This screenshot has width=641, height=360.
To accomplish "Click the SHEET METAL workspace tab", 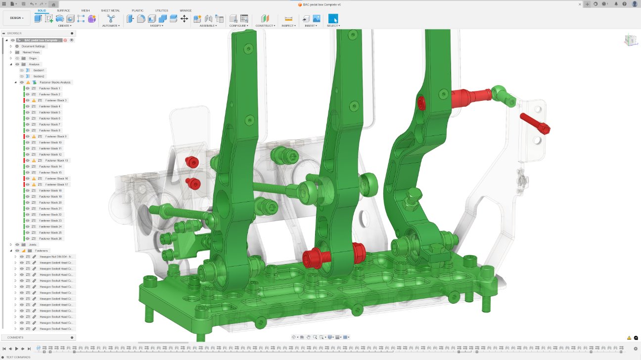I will click(x=110, y=10).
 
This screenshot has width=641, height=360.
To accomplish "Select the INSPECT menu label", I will click(x=288, y=26).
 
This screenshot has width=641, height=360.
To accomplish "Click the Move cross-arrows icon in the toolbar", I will click(x=184, y=19).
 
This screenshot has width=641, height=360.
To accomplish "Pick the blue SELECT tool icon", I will click(x=333, y=19).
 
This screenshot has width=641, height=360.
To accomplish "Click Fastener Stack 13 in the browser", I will click(x=56, y=161).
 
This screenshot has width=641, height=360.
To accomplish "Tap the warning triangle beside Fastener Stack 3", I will click(x=34, y=100).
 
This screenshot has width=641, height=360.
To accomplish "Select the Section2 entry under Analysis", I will click(x=39, y=77).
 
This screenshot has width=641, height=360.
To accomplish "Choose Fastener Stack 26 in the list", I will click(x=50, y=239).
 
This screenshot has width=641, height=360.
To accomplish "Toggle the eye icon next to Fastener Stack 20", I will click(x=28, y=203).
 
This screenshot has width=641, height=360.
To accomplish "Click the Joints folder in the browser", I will click(x=32, y=245).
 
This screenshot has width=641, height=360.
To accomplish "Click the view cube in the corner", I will click(x=630, y=41).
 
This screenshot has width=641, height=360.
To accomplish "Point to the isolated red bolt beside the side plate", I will click(x=535, y=123).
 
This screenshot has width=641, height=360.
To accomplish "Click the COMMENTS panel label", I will click(x=15, y=338).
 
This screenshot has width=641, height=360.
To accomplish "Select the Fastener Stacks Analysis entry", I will click(x=55, y=83).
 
